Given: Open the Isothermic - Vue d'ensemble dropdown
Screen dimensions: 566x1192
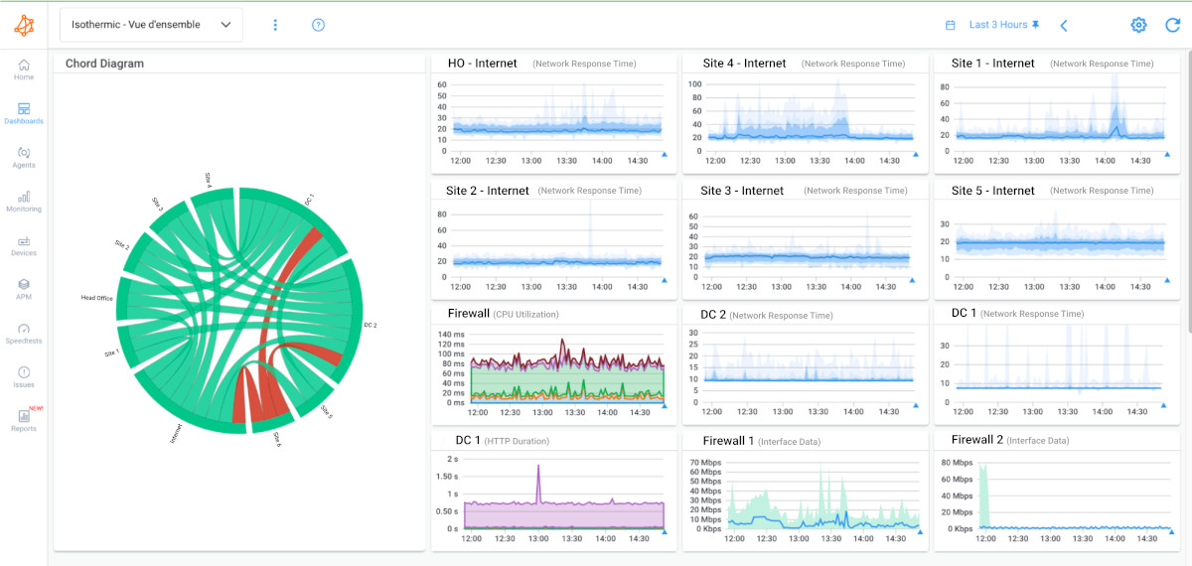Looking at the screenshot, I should click(151, 25).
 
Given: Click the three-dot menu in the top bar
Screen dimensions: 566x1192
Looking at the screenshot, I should click(276, 25).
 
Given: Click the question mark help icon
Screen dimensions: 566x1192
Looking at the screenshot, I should click(318, 25).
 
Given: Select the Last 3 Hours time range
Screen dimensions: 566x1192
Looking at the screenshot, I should click(997, 25).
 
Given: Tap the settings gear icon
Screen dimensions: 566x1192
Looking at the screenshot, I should click(1138, 25).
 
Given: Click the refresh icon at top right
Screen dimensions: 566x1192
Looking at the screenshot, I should click(1172, 25).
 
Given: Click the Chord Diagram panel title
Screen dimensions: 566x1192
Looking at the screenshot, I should click(104, 64).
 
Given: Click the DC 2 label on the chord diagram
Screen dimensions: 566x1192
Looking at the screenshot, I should click(371, 325).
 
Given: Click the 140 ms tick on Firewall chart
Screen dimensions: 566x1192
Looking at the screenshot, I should click(451, 335).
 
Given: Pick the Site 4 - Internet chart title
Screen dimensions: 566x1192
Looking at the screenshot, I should click(743, 64).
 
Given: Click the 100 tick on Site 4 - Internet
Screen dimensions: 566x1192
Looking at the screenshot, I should click(695, 84).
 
